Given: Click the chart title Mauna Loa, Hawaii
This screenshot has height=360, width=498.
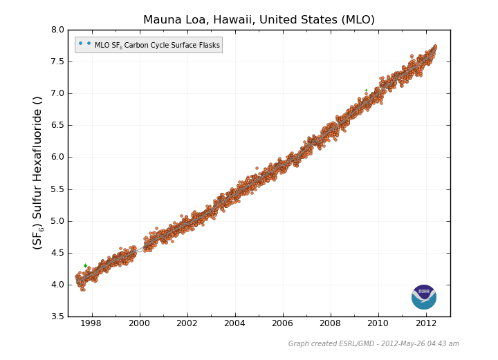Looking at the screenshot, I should [259, 20].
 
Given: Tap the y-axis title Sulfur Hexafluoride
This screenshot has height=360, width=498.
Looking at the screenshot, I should [37, 173].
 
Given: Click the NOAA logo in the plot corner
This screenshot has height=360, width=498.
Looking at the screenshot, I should [423, 297].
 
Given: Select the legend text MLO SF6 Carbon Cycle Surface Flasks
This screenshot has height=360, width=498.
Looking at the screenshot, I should [157, 46].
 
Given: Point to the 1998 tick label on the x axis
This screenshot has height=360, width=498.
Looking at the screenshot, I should [91, 323].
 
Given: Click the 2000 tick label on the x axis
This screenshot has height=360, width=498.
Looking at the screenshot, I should [139, 323].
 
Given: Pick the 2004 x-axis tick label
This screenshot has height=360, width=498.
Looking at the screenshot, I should [234, 323].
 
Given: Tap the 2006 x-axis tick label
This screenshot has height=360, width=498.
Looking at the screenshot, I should [282, 323].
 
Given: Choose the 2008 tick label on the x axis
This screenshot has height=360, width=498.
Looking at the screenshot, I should [330, 323].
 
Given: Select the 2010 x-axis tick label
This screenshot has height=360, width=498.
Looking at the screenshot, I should [378, 323].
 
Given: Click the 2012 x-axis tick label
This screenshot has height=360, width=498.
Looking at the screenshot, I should [425, 323].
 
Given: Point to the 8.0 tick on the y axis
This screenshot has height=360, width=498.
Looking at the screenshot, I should [57, 30].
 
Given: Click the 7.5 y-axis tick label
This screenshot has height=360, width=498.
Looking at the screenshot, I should [57, 61].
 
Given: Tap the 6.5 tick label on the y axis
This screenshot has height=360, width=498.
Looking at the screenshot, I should [57, 125].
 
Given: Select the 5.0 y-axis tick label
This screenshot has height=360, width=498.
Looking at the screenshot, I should [57, 221].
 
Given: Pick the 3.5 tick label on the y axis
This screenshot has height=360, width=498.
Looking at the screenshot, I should [57, 316].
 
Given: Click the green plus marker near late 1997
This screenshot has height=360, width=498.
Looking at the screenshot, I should [85, 265].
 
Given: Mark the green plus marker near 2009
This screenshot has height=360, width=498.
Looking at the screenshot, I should [366, 90].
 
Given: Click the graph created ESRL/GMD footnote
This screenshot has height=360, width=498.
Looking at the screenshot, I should [373, 344].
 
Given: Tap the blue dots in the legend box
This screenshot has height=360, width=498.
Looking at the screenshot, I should [84, 44].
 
